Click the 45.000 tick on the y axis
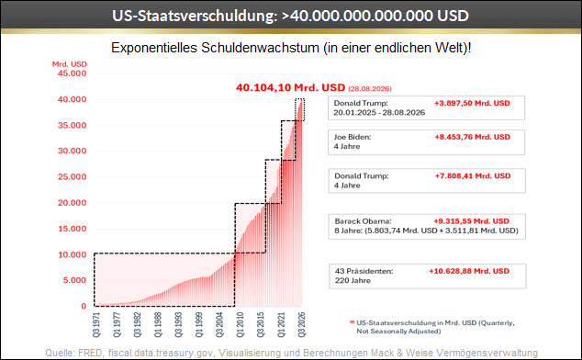click(x=72, y=73)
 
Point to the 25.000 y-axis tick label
click(x=72, y=177)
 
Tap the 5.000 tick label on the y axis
click(x=74, y=280)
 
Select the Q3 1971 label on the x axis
click(x=96, y=325)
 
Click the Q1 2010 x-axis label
click(x=241, y=325)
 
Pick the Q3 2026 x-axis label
click(x=302, y=325)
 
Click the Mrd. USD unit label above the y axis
click(x=70, y=64)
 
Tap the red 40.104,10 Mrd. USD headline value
click(x=291, y=87)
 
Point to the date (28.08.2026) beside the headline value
click(x=370, y=89)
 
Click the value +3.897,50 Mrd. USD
click(x=472, y=103)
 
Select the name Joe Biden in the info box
click(x=353, y=137)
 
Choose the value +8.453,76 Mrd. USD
click(x=473, y=137)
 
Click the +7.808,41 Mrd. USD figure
click(x=473, y=176)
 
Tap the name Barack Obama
click(x=363, y=221)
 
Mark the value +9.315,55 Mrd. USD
click(x=472, y=221)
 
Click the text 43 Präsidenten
click(x=364, y=271)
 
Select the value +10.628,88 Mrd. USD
click(x=469, y=271)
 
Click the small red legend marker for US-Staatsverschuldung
click(x=352, y=322)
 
